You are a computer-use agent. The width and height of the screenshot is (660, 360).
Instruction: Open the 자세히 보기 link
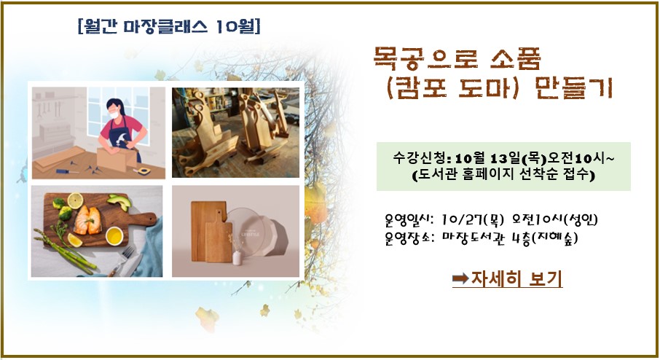(516, 278)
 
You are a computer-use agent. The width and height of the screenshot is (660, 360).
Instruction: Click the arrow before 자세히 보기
(460, 278)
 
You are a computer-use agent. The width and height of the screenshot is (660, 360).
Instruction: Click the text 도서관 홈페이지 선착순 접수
(503, 174)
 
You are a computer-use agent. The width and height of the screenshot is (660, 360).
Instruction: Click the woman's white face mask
(113, 114)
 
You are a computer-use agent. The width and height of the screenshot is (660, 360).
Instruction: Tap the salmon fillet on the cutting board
(87, 219)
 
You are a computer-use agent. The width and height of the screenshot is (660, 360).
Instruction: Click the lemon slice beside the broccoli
(75, 201)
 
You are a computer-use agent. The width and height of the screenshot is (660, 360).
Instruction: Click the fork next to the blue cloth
(122, 261)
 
